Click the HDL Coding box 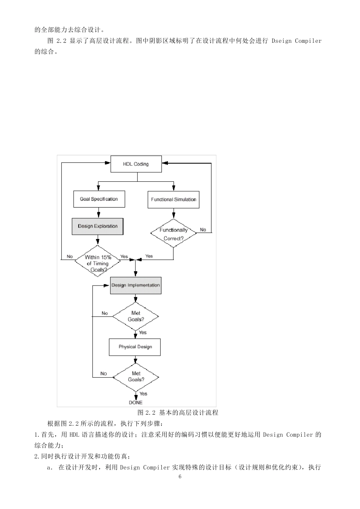136,164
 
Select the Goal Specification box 99,199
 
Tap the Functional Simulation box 174,200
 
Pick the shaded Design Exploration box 98,226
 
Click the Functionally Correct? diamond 174,234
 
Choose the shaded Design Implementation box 136,286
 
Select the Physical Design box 135,347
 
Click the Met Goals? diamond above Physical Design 136,316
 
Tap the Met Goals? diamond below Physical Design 136,376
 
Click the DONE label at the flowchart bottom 136,403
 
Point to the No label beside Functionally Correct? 203,230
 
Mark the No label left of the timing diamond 70,256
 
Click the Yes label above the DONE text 143,394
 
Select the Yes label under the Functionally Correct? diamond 149,256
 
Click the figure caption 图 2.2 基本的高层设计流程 178,412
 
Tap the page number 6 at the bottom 180,476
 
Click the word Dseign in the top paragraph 282,41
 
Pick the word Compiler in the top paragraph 308,41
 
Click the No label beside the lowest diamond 103,374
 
